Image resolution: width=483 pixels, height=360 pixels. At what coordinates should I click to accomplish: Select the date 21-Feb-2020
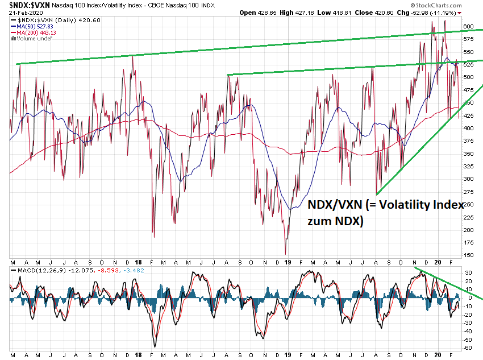click(22, 12)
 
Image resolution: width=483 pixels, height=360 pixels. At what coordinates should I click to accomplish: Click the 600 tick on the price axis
click(468, 26)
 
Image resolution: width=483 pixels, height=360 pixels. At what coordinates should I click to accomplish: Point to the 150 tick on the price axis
click(468, 255)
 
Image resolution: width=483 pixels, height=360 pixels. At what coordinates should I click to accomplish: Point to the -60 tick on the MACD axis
click(467, 347)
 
